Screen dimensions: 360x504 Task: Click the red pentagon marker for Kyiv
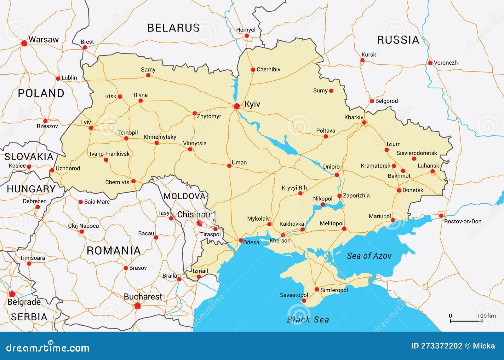point(237,106)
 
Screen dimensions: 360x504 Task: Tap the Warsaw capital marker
point(24,43)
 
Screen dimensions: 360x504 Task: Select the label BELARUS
point(173,28)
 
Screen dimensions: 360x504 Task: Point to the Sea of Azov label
point(369,256)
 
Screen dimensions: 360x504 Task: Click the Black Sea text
point(308,320)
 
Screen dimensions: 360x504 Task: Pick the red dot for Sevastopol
point(304,301)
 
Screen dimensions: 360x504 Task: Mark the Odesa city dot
point(241,240)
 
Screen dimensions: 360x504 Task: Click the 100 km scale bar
point(466,321)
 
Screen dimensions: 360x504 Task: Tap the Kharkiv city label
point(353,117)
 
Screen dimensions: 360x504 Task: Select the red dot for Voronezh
point(430,63)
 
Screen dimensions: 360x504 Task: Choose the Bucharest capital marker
point(137,305)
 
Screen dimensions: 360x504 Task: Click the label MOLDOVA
point(184,196)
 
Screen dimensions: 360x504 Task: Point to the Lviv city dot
point(91,128)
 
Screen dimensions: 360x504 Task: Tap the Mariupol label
point(380,216)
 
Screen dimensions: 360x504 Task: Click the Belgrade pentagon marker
point(12,294)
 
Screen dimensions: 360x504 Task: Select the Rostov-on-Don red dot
point(441,216)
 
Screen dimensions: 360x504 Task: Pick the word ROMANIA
point(113,251)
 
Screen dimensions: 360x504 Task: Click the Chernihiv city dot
point(253,70)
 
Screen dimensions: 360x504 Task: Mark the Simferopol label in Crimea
point(334,290)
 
